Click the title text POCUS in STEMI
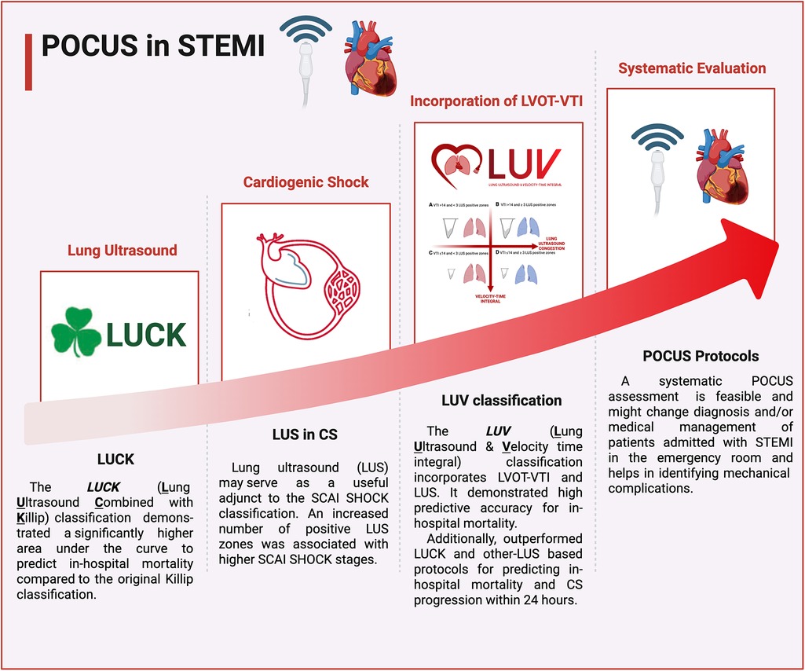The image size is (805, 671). tap(152, 46)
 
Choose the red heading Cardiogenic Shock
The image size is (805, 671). tap(306, 182)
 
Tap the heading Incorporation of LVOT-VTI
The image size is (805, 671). tap(498, 101)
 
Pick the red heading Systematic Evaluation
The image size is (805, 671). tap(692, 68)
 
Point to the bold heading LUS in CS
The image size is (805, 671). tap(305, 433)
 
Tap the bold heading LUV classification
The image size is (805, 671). tap(501, 401)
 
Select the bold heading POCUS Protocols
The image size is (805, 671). tap(692, 356)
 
